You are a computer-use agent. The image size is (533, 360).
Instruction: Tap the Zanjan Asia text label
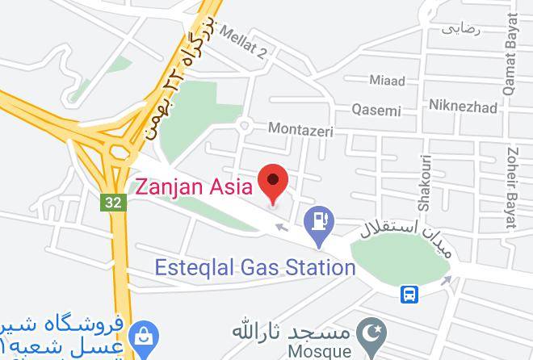point(193,186)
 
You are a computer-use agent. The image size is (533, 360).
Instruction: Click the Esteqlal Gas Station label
point(254,267)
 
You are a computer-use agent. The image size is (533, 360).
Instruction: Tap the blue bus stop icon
point(410,295)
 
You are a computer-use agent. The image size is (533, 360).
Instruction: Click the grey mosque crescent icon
point(374,332)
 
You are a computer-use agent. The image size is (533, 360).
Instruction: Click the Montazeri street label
point(300,128)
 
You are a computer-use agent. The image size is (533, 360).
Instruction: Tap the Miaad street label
point(387,81)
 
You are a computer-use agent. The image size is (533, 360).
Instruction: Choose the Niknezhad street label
point(463,106)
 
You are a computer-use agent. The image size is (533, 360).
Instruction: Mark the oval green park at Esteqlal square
point(401,259)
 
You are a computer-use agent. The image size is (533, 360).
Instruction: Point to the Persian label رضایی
point(460,29)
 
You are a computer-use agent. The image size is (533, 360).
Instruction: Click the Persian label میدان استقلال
point(401,226)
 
